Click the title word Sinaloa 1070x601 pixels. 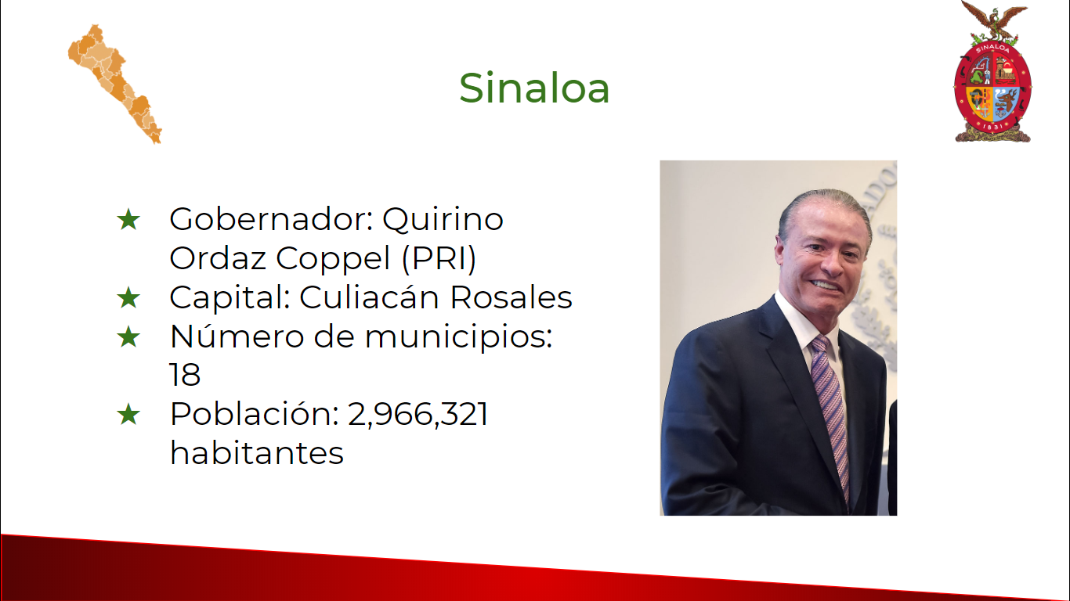coord(534,88)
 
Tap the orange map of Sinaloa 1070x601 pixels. coord(114,84)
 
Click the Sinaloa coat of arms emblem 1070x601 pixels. coord(992,72)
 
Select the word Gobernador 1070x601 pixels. coord(271,219)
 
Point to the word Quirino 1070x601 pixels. coord(443,221)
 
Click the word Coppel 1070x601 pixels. coord(334,259)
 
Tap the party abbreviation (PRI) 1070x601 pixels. coord(439,259)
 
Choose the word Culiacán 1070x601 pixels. coord(369,297)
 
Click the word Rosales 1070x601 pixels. coord(512,297)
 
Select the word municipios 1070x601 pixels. coord(458,337)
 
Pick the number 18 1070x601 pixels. coord(185,375)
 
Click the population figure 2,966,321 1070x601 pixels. coord(418,414)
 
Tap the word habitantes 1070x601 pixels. coord(257,453)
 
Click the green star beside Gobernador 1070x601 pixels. coord(128,220)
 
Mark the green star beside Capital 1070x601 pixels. coord(128,298)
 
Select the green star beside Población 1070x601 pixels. coord(128,414)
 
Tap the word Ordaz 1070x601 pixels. coord(218,259)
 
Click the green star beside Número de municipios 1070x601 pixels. coord(128,337)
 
